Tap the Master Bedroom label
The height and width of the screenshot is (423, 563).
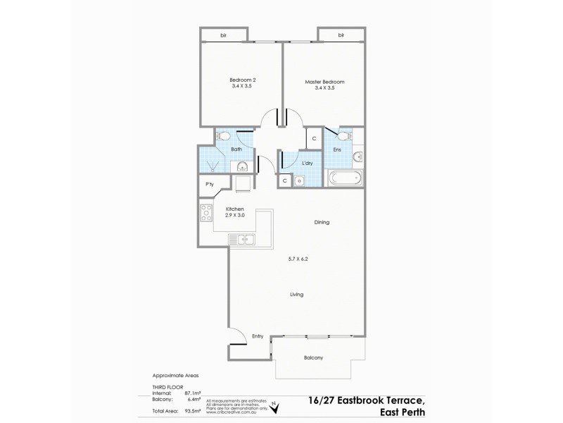[x=324, y=81]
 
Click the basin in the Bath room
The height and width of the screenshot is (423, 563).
[x=241, y=166]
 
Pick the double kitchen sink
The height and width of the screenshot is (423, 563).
[x=241, y=240]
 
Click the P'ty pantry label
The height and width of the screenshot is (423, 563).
[x=209, y=185]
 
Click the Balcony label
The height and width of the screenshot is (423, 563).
[x=314, y=358]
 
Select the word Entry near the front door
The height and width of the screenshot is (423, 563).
[x=257, y=336]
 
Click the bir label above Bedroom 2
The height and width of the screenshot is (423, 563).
[x=224, y=35]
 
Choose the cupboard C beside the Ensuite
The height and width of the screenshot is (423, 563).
[x=314, y=138]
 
